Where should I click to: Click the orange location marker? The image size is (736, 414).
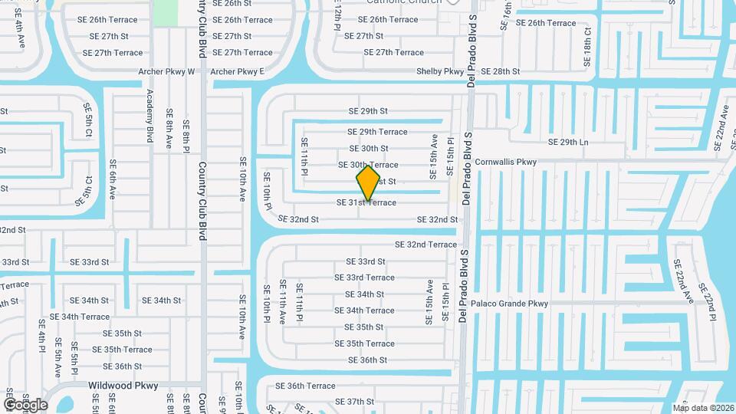[x=369, y=182]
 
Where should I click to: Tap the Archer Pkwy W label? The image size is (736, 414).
[x=167, y=71]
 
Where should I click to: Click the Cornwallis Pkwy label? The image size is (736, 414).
[x=506, y=162]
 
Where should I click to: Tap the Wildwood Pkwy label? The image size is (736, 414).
[x=123, y=386]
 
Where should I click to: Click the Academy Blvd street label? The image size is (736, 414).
[x=150, y=117]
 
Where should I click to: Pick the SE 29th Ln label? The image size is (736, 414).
[x=568, y=142]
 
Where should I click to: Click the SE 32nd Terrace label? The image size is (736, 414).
[x=426, y=245]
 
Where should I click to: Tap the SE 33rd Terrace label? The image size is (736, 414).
[x=370, y=278]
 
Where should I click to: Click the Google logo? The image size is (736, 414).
[x=25, y=404]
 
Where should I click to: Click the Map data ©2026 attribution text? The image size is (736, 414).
[x=703, y=408]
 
